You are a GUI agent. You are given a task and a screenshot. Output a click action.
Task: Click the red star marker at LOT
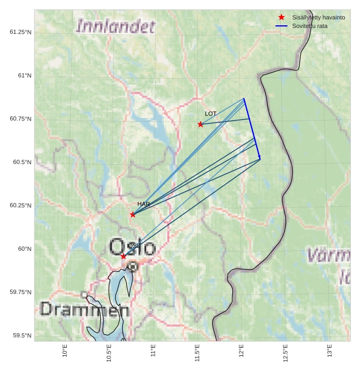click(200, 124)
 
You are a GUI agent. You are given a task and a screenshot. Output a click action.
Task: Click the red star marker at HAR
click(133, 214)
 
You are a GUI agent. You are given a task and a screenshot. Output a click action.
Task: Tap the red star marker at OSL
click(123, 256)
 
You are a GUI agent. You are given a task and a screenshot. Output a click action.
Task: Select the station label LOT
click(211, 114)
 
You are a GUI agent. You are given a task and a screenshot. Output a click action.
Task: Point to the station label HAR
click(143, 204)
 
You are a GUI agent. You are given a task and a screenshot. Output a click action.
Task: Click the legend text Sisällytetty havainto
click(319, 17)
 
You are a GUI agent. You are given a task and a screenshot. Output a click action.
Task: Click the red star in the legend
click(281, 17)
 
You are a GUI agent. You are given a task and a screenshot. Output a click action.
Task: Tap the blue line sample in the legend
click(281, 26)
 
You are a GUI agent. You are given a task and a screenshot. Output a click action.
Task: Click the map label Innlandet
click(116, 26)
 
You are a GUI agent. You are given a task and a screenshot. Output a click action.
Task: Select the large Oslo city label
click(133, 248)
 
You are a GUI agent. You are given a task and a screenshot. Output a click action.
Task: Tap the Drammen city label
click(85, 310)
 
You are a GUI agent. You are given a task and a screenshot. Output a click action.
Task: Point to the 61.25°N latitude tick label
click(20, 32)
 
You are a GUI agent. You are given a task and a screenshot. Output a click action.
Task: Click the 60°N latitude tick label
click(25, 249)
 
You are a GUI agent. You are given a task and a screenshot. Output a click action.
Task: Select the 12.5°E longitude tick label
click(285, 354)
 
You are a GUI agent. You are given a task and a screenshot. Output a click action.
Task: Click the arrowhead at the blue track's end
click(260, 158)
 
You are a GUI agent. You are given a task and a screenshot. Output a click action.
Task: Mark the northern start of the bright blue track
click(244, 99)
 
